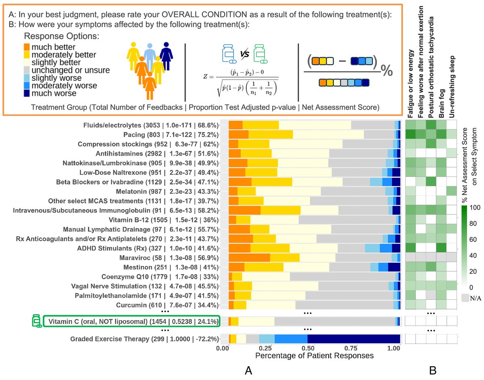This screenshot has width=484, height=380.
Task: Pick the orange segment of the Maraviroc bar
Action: pyautogui.click(x=249, y=257)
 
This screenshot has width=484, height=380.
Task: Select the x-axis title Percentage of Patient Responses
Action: pyautogui.click(x=314, y=356)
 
